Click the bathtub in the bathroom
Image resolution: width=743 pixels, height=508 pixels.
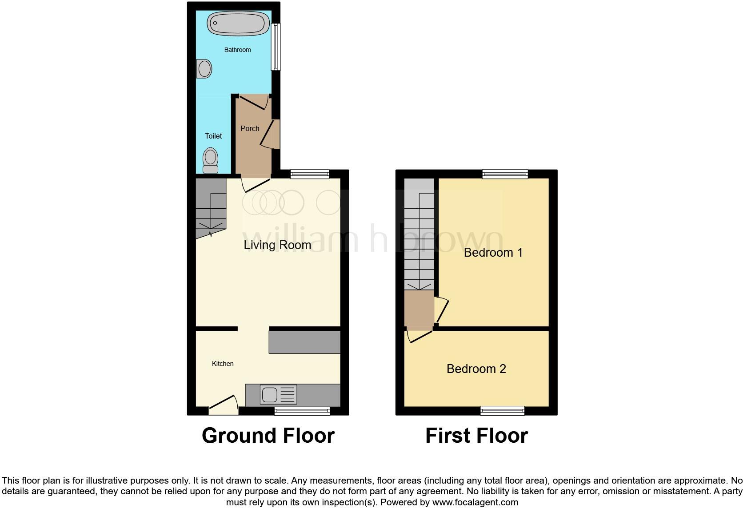[x=239, y=23]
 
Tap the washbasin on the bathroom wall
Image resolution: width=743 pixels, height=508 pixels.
[x=204, y=69]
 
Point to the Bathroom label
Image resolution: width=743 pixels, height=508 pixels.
[x=237, y=50]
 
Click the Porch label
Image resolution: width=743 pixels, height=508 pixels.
[x=250, y=128]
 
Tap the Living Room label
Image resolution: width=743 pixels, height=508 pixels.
[x=277, y=245]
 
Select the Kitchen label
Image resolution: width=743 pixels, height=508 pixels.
[x=223, y=364]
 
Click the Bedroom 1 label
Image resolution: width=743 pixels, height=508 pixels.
[x=493, y=252]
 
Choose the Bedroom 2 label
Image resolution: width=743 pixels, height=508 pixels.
[x=476, y=369]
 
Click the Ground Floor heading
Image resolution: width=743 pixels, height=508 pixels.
[x=268, y=436]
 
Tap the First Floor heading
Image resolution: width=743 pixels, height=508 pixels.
[x=476, y=436]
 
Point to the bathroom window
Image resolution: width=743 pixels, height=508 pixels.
[x=276, y=47]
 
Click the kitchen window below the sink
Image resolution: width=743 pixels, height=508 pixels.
[x=302, y=411]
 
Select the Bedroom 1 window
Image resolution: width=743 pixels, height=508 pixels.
[x=505, y=174]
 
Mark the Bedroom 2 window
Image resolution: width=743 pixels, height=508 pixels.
[x=502, y=411]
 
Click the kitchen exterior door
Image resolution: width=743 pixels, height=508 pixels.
[x=224, y=405]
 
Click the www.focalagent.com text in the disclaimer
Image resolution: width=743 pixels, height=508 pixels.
[x=475, y=503]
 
